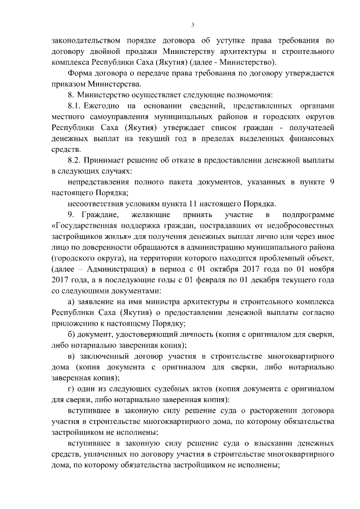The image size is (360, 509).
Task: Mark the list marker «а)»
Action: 71,302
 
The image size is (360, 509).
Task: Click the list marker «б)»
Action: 71,335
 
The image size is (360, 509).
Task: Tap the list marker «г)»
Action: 71,389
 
